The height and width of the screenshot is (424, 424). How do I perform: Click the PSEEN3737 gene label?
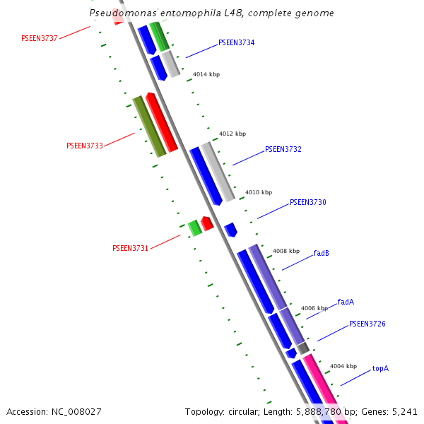[x=40, y=38]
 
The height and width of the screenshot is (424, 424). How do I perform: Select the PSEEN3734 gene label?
[x=236, y=43]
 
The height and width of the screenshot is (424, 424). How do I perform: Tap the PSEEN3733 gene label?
[x=85, y=146]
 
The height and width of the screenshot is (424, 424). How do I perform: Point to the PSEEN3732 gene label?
[x=283, y=150]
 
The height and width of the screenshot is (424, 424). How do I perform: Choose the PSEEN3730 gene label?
[x=307, y=203]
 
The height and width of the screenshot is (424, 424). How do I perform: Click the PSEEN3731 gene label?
[x=130, y=248]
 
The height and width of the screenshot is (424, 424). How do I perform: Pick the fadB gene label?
[x=321, y=253]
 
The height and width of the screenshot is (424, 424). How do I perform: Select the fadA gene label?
[x=346, y=302]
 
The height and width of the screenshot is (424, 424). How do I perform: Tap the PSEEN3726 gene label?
[x=367, y=324]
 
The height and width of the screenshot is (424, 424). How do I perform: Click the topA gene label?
[x=380, y=368]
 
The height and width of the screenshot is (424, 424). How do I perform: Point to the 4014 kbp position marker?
[x=206, y=74]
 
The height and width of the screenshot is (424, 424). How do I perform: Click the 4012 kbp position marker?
[x=232, y=134]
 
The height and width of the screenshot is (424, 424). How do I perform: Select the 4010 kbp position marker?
[x=258, y=192]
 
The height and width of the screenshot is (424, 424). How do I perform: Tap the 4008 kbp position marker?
[x=285, y=251]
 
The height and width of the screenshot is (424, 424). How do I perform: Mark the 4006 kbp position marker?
[x=314, y=308]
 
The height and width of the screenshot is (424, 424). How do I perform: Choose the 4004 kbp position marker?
[x=343, y=366]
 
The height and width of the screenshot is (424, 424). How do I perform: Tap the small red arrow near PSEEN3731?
[x=207, y=223]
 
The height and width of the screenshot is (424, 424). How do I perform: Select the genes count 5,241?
[x=404, y=411]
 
